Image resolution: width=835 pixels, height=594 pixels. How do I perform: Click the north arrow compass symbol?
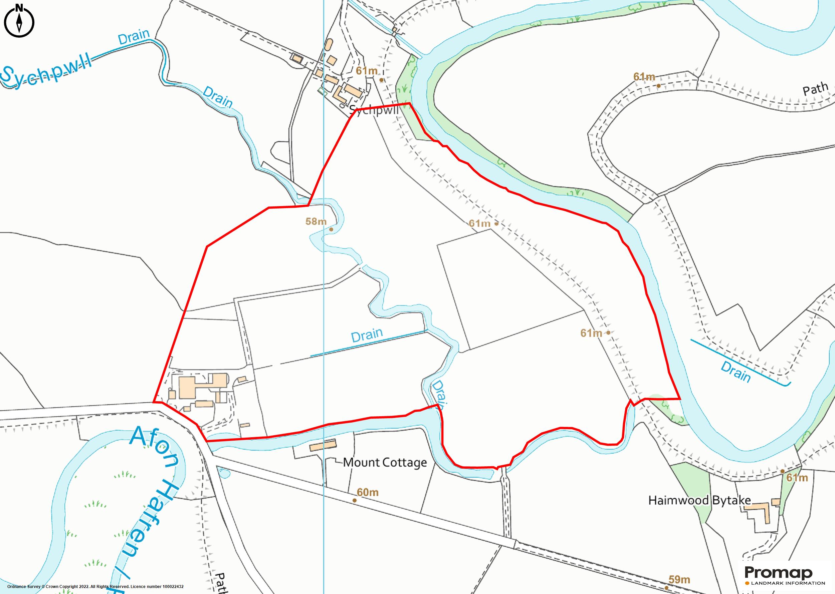(19, 22)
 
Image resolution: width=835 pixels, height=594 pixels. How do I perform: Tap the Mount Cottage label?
(385, 462)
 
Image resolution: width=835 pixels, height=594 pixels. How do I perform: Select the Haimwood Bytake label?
(699, 500)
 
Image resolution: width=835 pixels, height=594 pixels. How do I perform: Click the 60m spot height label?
(368, 492)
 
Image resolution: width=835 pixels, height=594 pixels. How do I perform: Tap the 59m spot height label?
(679, 579)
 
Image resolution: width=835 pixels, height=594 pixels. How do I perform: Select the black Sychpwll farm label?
(373, 110)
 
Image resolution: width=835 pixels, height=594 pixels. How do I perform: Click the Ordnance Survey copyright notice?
(95, 586)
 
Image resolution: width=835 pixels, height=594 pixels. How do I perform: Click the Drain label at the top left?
(134, 37)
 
